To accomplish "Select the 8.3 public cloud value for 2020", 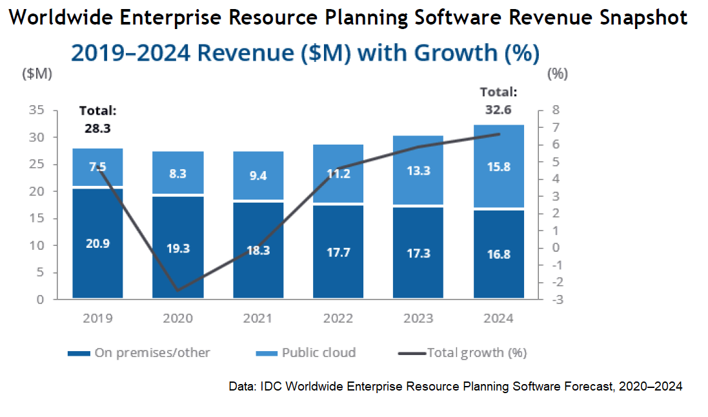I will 177,174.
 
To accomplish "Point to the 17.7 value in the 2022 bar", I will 338,252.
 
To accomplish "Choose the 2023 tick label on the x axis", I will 418,318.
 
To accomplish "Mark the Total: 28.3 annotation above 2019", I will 97,119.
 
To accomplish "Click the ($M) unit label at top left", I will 37,74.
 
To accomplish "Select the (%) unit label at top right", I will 557,74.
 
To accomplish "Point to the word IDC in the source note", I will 270,387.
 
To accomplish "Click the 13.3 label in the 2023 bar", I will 418,171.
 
